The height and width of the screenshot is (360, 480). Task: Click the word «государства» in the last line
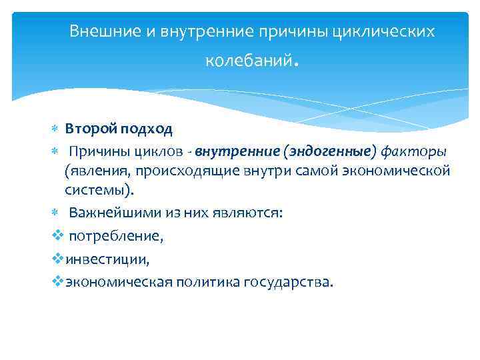(291, 281)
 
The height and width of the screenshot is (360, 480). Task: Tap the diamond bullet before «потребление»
(57, 235)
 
